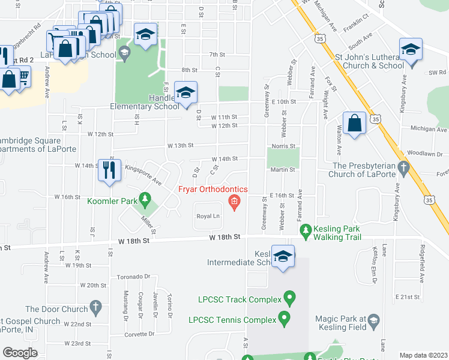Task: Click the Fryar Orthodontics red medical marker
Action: click(x=234, y=200)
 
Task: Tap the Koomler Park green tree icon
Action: click(x=144, y=197)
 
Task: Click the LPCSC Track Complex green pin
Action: click(x=289, y=298)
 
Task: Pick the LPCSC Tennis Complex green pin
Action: click(x=285, y=319)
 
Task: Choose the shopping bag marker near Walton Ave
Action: click(x=355, y=123)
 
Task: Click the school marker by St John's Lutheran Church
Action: click(x=411, y=50)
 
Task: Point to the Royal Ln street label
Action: click(x=208, y=216)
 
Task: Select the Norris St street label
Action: click(x=284, y=146)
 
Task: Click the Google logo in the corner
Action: click(x=20, y=353)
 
